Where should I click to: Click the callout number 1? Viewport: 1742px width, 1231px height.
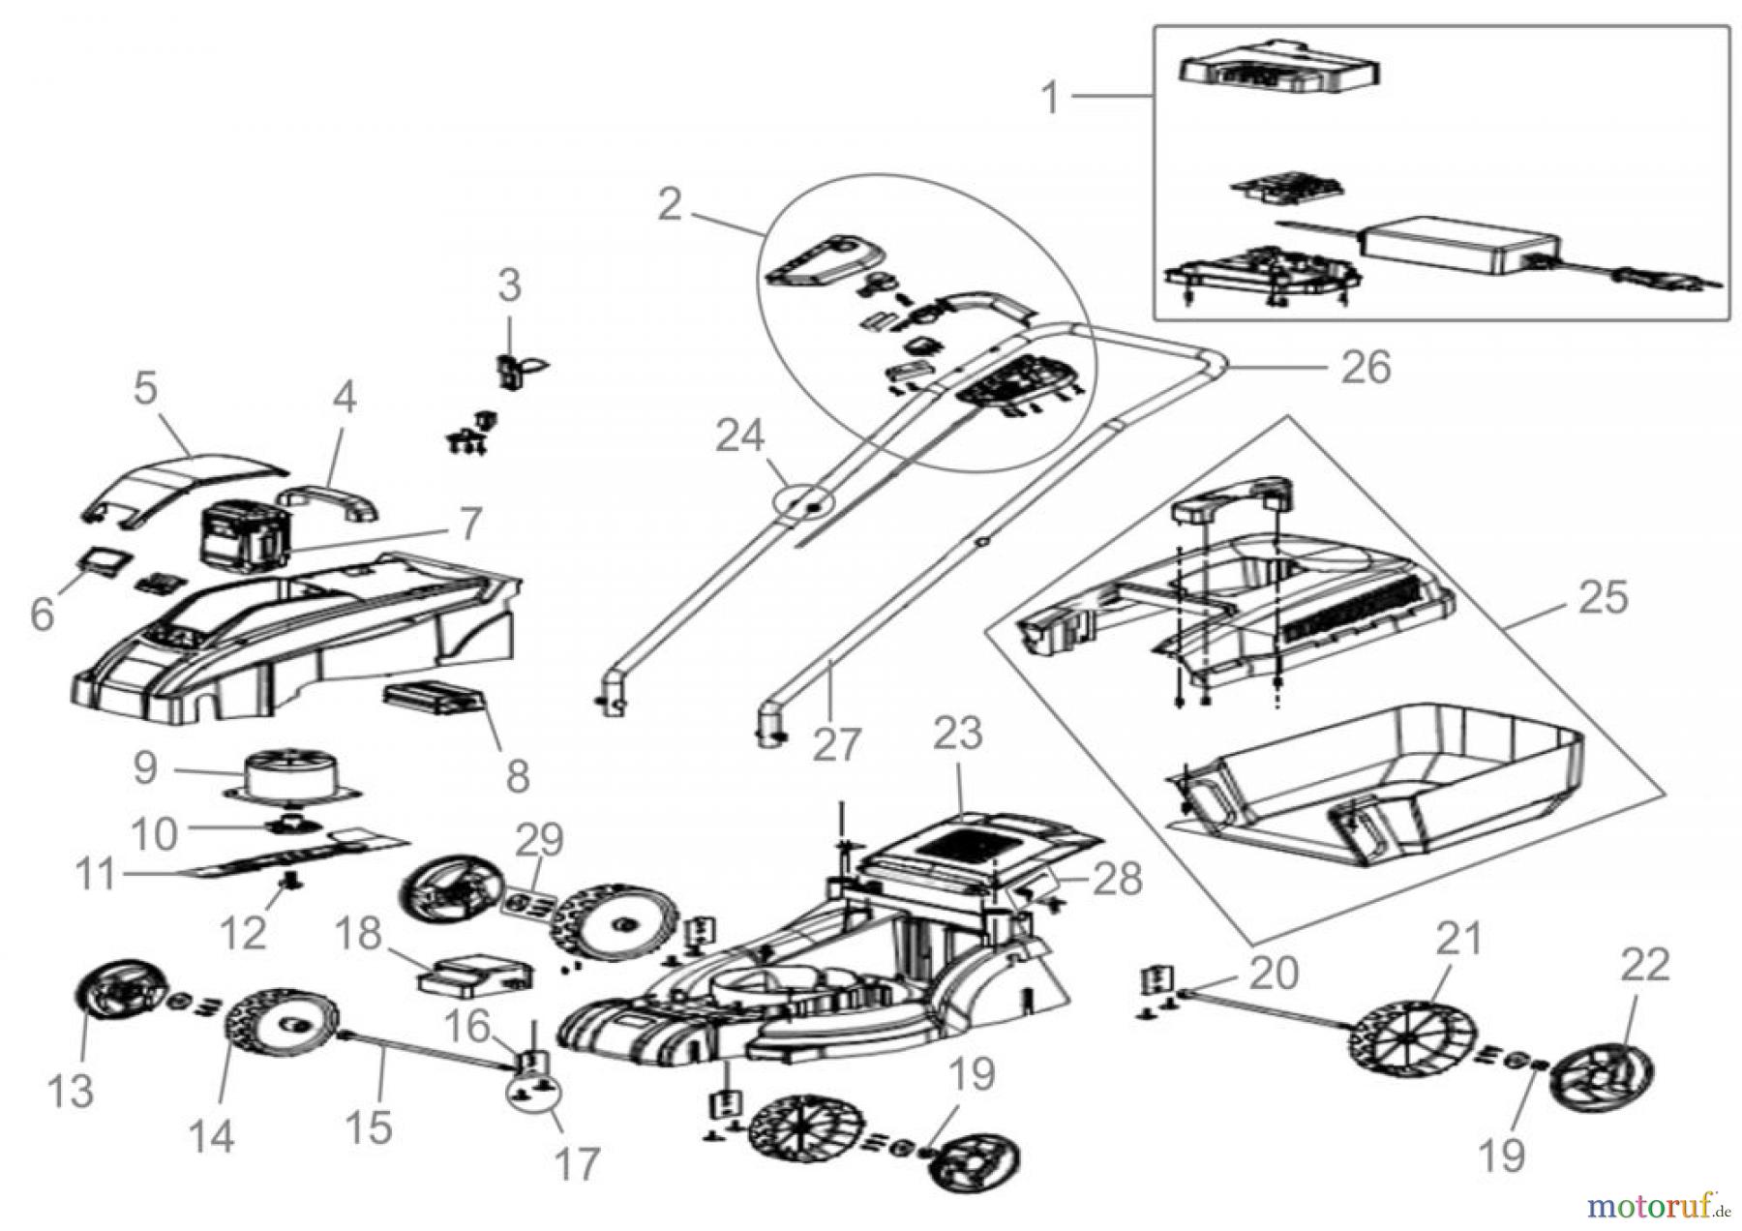[x=1050, y=99]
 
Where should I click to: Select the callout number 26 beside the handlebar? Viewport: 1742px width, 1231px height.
[x=1367, y=368]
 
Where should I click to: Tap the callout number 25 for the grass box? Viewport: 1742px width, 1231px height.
[x=1603, y=597]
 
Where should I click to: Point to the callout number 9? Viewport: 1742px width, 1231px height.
[x=145, y=767]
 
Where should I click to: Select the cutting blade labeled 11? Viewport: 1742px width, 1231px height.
[x=290, y=851]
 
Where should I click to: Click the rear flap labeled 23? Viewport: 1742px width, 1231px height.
[x=977, y=841]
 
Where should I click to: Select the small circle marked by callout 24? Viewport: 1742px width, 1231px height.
[x=803, y=505]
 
